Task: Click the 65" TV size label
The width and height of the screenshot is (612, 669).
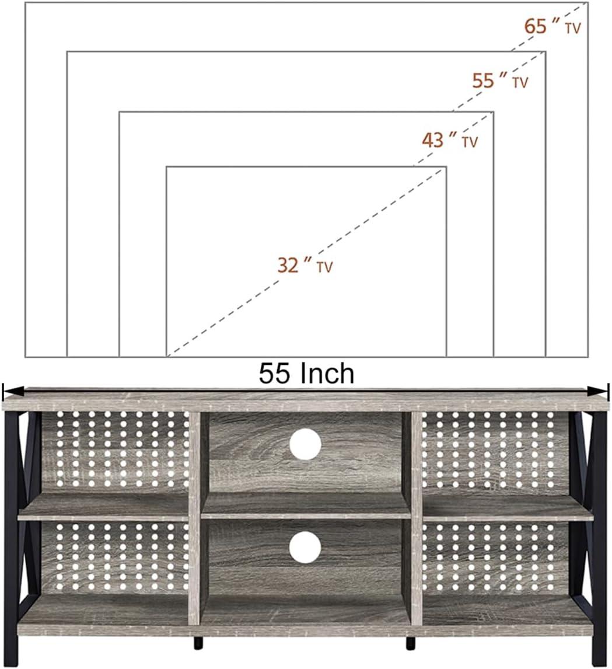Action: click(x=552, y=27)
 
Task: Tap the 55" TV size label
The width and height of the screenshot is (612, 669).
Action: click(x=499, y=81)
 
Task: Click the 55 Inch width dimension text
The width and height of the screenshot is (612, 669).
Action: click(x=306, y=374)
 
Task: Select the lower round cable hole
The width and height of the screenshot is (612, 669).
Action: click(x=305, y=548)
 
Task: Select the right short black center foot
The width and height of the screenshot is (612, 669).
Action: click(x=411, y=642)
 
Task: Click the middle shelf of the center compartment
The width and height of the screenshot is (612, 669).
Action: click(x=305, y=507)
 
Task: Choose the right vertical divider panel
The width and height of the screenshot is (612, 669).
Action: click(x=416, y=520)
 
